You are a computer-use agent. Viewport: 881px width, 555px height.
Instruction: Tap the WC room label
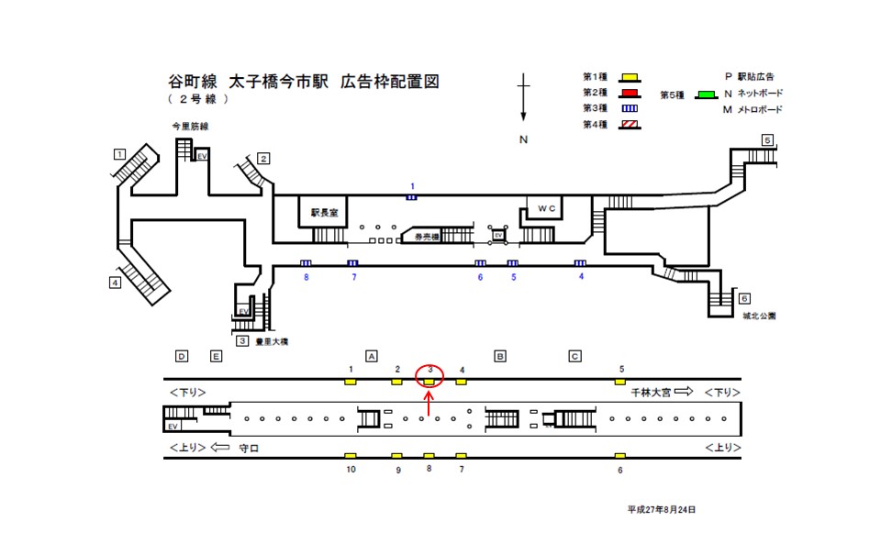(547, 208)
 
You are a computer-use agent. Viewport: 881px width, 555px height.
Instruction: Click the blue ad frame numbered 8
(306, 264)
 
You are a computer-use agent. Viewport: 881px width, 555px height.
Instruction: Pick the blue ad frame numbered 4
(580, 264)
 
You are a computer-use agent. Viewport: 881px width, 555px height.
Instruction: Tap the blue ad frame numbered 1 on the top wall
(412, 196)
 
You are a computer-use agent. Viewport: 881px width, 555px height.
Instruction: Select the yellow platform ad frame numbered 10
(350, 456)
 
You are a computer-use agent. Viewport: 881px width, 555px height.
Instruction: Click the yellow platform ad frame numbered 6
(620, 456)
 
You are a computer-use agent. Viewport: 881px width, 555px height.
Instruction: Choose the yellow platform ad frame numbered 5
(621, 382)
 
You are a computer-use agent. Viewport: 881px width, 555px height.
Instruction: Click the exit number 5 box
(767, 140)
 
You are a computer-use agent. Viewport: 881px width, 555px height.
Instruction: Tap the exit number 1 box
(119, 153)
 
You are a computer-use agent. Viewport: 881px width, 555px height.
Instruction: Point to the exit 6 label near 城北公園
(744, 299)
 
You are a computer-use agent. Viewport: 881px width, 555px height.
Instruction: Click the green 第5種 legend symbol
(705, 94)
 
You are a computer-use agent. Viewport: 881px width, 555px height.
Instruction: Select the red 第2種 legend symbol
(629, 93)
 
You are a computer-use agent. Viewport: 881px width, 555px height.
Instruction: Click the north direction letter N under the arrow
(523, 140)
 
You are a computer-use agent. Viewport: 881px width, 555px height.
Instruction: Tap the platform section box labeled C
(574, 356)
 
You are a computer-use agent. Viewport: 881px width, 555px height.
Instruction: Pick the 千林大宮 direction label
(650, 392)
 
